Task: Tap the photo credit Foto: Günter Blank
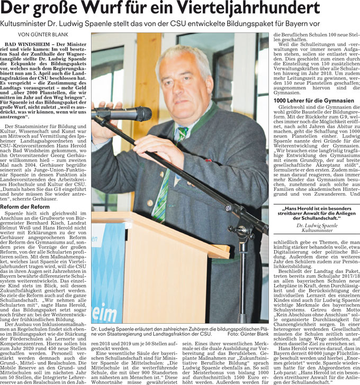tap(248, 334)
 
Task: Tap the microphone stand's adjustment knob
tap(245, 231)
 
